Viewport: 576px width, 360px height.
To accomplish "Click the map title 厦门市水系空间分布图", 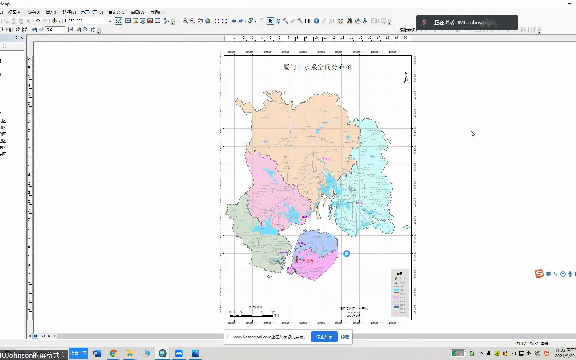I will pos(317,67).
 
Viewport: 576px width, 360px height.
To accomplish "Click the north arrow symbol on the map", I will pos(406,79).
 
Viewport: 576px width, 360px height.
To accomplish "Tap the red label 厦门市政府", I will pos(304,261).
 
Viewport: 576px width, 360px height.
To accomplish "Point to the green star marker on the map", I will pos(297,257).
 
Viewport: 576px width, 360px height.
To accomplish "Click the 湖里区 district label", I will pos(302,243).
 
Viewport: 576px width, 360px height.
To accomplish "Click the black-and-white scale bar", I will pos(252,315).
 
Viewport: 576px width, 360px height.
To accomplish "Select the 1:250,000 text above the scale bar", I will pos(255,307).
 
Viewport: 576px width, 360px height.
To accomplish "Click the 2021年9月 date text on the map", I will pos(353,316).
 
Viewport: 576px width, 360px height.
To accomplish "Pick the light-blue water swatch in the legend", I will pos(396,290).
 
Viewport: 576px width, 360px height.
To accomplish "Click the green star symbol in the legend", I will pos(396,278).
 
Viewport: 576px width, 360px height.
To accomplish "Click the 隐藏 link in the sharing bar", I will pos(345,337).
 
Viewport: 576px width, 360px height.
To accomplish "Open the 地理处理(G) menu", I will pos(92,12).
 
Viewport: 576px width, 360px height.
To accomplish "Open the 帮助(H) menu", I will pos(158,12).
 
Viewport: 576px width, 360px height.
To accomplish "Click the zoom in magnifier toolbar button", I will pos(185,21).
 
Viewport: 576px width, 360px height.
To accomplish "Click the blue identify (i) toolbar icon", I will pos(316,21).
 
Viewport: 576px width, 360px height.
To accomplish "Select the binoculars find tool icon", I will pos(350,21).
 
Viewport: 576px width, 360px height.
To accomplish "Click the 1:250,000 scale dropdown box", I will pos(88,21).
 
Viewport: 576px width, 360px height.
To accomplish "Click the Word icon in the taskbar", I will pos(97,353).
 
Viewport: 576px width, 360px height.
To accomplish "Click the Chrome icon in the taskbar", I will pos(113,353).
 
